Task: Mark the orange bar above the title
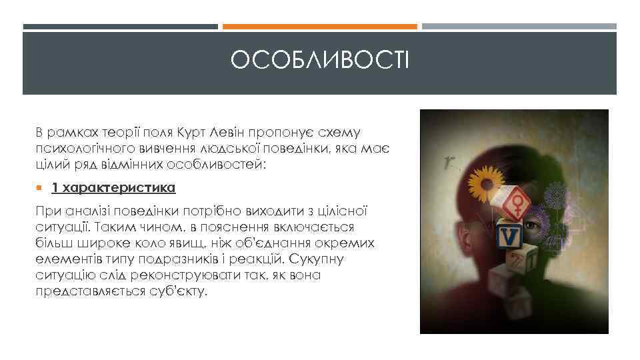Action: pyautogui.click(x=319, y=27)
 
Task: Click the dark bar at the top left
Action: pyautogui.click(x=120, y=27)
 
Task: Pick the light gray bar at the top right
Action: pyautogui.click(x=519, y=27)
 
